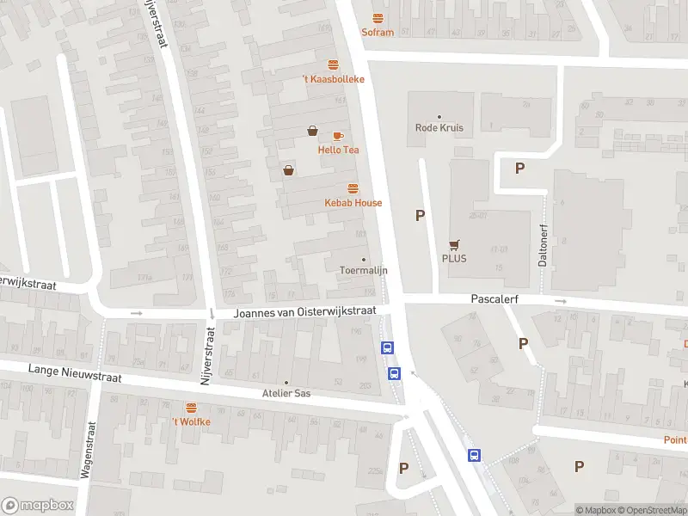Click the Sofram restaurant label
click(378, 33)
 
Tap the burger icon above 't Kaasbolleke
click(333, 64)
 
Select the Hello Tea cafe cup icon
click(338, 136)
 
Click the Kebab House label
click(353, 203)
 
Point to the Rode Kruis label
click(439, 128)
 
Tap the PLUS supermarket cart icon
click(453, 244)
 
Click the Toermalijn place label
click(363, 270)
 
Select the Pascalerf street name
click(497, 299)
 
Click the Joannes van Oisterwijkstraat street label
click(305, 313)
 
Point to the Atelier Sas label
click(286, 394)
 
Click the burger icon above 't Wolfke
click(191, 408)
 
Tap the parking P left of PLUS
click(420, 216)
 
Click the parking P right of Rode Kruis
click(519, 169)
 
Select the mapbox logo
click(38, 506)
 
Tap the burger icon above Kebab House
click(353, 188)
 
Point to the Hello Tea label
click(338, 150)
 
